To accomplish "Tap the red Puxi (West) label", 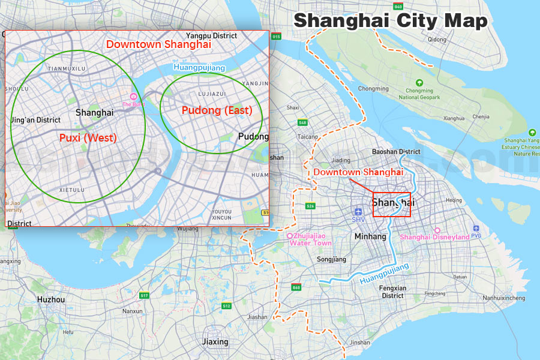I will [x=88, y=138].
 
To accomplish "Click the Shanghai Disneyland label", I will [x=434, y=237].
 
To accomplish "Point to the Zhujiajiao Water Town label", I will [x=310, y=239].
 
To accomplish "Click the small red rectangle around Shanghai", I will [x=392, y=204].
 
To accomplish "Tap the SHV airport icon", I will [x=358, y=212].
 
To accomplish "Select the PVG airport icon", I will [x=476, y=229].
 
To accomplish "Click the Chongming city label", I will [x=373, y=88].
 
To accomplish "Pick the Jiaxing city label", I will [x=215, y=342].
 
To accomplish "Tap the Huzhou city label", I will [x=50, y=299].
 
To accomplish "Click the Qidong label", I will [x=437, y=40].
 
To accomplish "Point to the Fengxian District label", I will [x=392, y=292].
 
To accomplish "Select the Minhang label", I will [x=370, y=236].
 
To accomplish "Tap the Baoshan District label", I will [x=396, y=152].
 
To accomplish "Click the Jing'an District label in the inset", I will [x=36, y=120].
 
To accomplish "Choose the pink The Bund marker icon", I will [x=134, y=97].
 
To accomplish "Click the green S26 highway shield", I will [x=310, y=206].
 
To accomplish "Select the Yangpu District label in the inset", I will [x=211, y=36].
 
